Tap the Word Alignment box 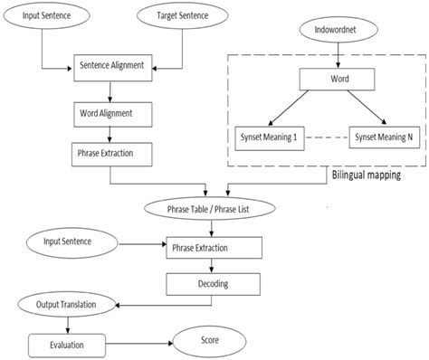pyautogui.click(x=109, y=115)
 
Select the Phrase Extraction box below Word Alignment pyautogui.click(x=109, y=154)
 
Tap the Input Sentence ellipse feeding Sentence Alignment pyautogui.click(x=43, y=16)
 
